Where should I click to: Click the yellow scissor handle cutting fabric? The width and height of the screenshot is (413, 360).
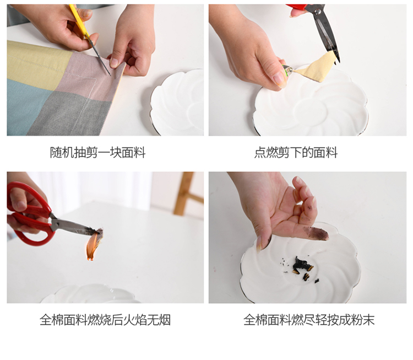point(79,20)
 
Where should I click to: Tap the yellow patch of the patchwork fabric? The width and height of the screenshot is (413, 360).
point(37,63)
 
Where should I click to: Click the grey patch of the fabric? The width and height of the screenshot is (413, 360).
point(71,116)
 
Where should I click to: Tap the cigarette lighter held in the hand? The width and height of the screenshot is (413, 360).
point(287,71)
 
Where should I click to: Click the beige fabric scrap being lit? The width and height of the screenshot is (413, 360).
point(316,67)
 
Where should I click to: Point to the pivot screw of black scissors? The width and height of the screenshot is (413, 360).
point(318,11)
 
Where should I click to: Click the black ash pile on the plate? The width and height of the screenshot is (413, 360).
point(302,267)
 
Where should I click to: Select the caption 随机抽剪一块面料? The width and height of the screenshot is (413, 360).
point(97,153)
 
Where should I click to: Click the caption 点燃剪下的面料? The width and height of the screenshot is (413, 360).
point(296,153)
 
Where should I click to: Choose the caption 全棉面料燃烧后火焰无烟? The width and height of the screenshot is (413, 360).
point(105,320)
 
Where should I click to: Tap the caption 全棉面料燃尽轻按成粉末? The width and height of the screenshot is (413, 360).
point(309,320)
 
